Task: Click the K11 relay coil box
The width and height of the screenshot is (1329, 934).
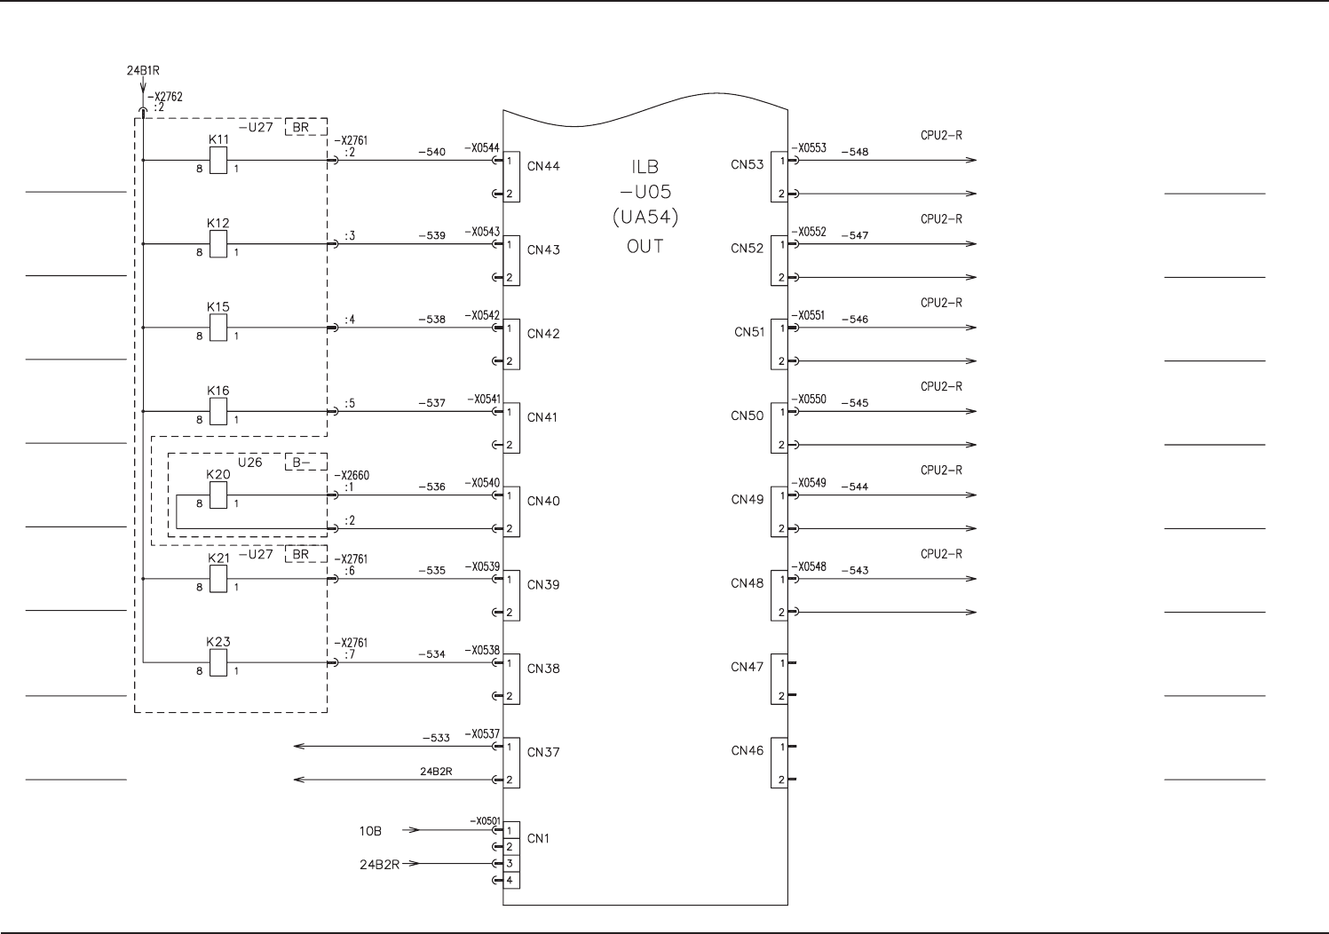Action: click(x=218, y=161)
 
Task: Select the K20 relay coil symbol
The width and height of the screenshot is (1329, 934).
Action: click(x=218, y=495)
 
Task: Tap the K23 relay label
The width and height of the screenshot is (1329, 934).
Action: click(x=218, y=642)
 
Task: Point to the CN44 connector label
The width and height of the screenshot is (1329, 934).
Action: click(x=543, y=166)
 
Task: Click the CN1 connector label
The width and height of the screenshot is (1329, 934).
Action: click(x=538, y=838)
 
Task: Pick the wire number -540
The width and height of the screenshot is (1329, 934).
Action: click(x=431, y=152)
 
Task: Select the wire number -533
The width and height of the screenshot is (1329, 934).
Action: click(x=436, y=738)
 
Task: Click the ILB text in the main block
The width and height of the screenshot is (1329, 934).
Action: click(x=645, y=167)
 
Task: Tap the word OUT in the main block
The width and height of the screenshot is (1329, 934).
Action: click(x=645, y=246)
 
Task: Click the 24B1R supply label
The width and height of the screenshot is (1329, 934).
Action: click(x=143, y=68)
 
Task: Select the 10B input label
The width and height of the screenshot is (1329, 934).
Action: click(x=370, y=831)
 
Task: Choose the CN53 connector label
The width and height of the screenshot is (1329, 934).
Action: click(x=748, y=165)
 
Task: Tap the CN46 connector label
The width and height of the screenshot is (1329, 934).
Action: click(x=748, y=751)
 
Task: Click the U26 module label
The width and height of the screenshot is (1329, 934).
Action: click(x=249, y=463)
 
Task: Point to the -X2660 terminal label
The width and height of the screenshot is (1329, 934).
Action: click(x=352, y=476)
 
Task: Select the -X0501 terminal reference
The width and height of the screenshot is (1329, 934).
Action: click(x=485, y=821)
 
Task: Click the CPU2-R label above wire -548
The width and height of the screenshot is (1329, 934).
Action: click(x=941, y=136)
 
